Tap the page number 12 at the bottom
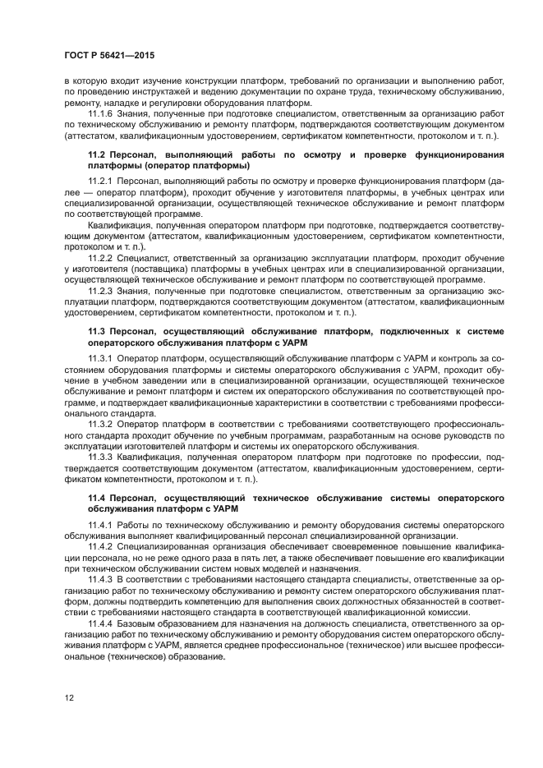tap(71, 698)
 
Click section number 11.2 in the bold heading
tap(98, 154)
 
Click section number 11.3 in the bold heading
tap(98, 331)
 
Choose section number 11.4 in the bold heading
tap(98, 498)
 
